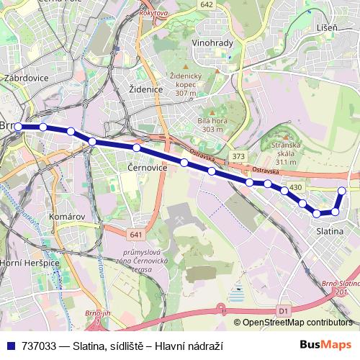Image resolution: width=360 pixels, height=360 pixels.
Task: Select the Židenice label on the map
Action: (x=146, y=89)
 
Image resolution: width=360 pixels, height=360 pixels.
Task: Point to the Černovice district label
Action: (x=147, y=167)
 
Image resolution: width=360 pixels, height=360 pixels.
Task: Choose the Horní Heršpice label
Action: (x=30, y=264)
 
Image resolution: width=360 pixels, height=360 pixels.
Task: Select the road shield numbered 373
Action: (x=239, y=156)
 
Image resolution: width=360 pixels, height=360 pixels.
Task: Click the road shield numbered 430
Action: (x=295, y=187)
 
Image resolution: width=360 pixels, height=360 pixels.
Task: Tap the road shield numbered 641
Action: (x=137, y=235)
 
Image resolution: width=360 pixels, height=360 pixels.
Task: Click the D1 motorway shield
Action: (x=283, y=310)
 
